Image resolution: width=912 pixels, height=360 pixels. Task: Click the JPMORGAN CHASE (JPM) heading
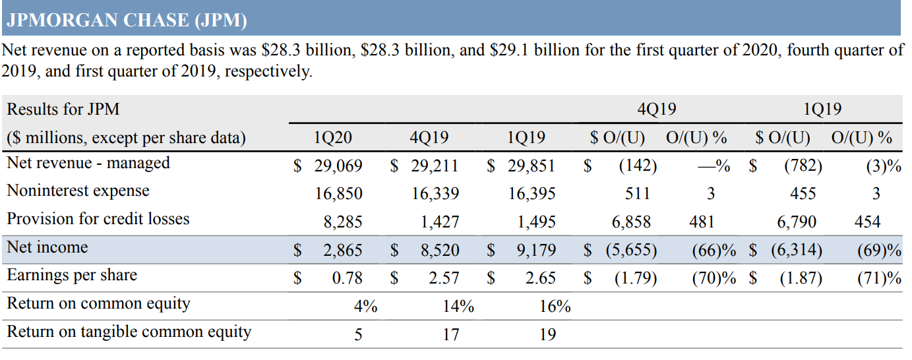[x=126, y=20]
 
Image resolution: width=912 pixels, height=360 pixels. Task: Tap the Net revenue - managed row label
[x=88, y=163]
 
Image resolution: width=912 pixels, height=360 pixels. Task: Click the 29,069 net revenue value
[x=338, y=165]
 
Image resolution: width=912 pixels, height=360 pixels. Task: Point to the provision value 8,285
[x=342, y=222]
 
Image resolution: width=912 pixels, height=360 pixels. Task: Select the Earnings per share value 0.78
[x=348, y=278]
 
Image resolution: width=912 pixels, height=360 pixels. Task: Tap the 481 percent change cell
[x=702, y=222]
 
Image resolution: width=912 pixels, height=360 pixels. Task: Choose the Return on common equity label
[x=98, y=303]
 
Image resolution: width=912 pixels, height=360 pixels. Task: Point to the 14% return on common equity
[x=458, y=307]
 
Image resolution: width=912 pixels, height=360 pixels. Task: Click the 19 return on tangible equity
[x=547, y=335]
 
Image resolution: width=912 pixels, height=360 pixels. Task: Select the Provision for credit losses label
[x=98, y=219]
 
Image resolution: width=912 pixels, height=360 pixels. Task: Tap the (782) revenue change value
[x=803, y=165]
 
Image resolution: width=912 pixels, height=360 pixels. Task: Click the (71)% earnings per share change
[x=879, y=278]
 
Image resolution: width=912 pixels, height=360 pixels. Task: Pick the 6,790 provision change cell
[x=797, y=222]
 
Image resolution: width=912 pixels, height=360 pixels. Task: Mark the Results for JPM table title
[x=63, y=109]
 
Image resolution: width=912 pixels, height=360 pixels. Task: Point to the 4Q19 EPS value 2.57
[x=444, y=278]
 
